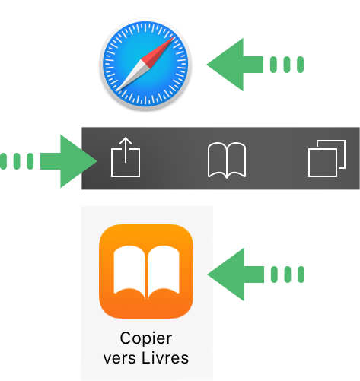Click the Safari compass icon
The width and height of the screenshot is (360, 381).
tap(145, 65)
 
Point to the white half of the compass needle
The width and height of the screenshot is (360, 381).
tap(133, 75)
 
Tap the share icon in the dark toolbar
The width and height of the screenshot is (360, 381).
tap(126, 157)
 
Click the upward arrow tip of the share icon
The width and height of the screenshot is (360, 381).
tap(126, 138)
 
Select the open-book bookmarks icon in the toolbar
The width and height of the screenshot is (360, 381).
tap(227, 160)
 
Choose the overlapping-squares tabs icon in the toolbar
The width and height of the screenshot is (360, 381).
tap(327, 158)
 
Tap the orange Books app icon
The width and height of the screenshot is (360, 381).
tap(146, 271)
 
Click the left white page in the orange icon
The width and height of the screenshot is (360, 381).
tap(129, 270)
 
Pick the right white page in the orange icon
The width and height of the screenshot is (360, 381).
tap(164, 270)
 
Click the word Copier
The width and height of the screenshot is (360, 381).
tap(146, 338)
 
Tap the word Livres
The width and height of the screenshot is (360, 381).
tap(165, 357)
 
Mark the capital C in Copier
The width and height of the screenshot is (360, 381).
tap(126, 338)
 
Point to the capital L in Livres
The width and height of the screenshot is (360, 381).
tap(145, 357)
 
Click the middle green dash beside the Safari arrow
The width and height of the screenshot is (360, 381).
tap(287, 65)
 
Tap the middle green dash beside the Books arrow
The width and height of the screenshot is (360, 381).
tap(288, 275)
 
